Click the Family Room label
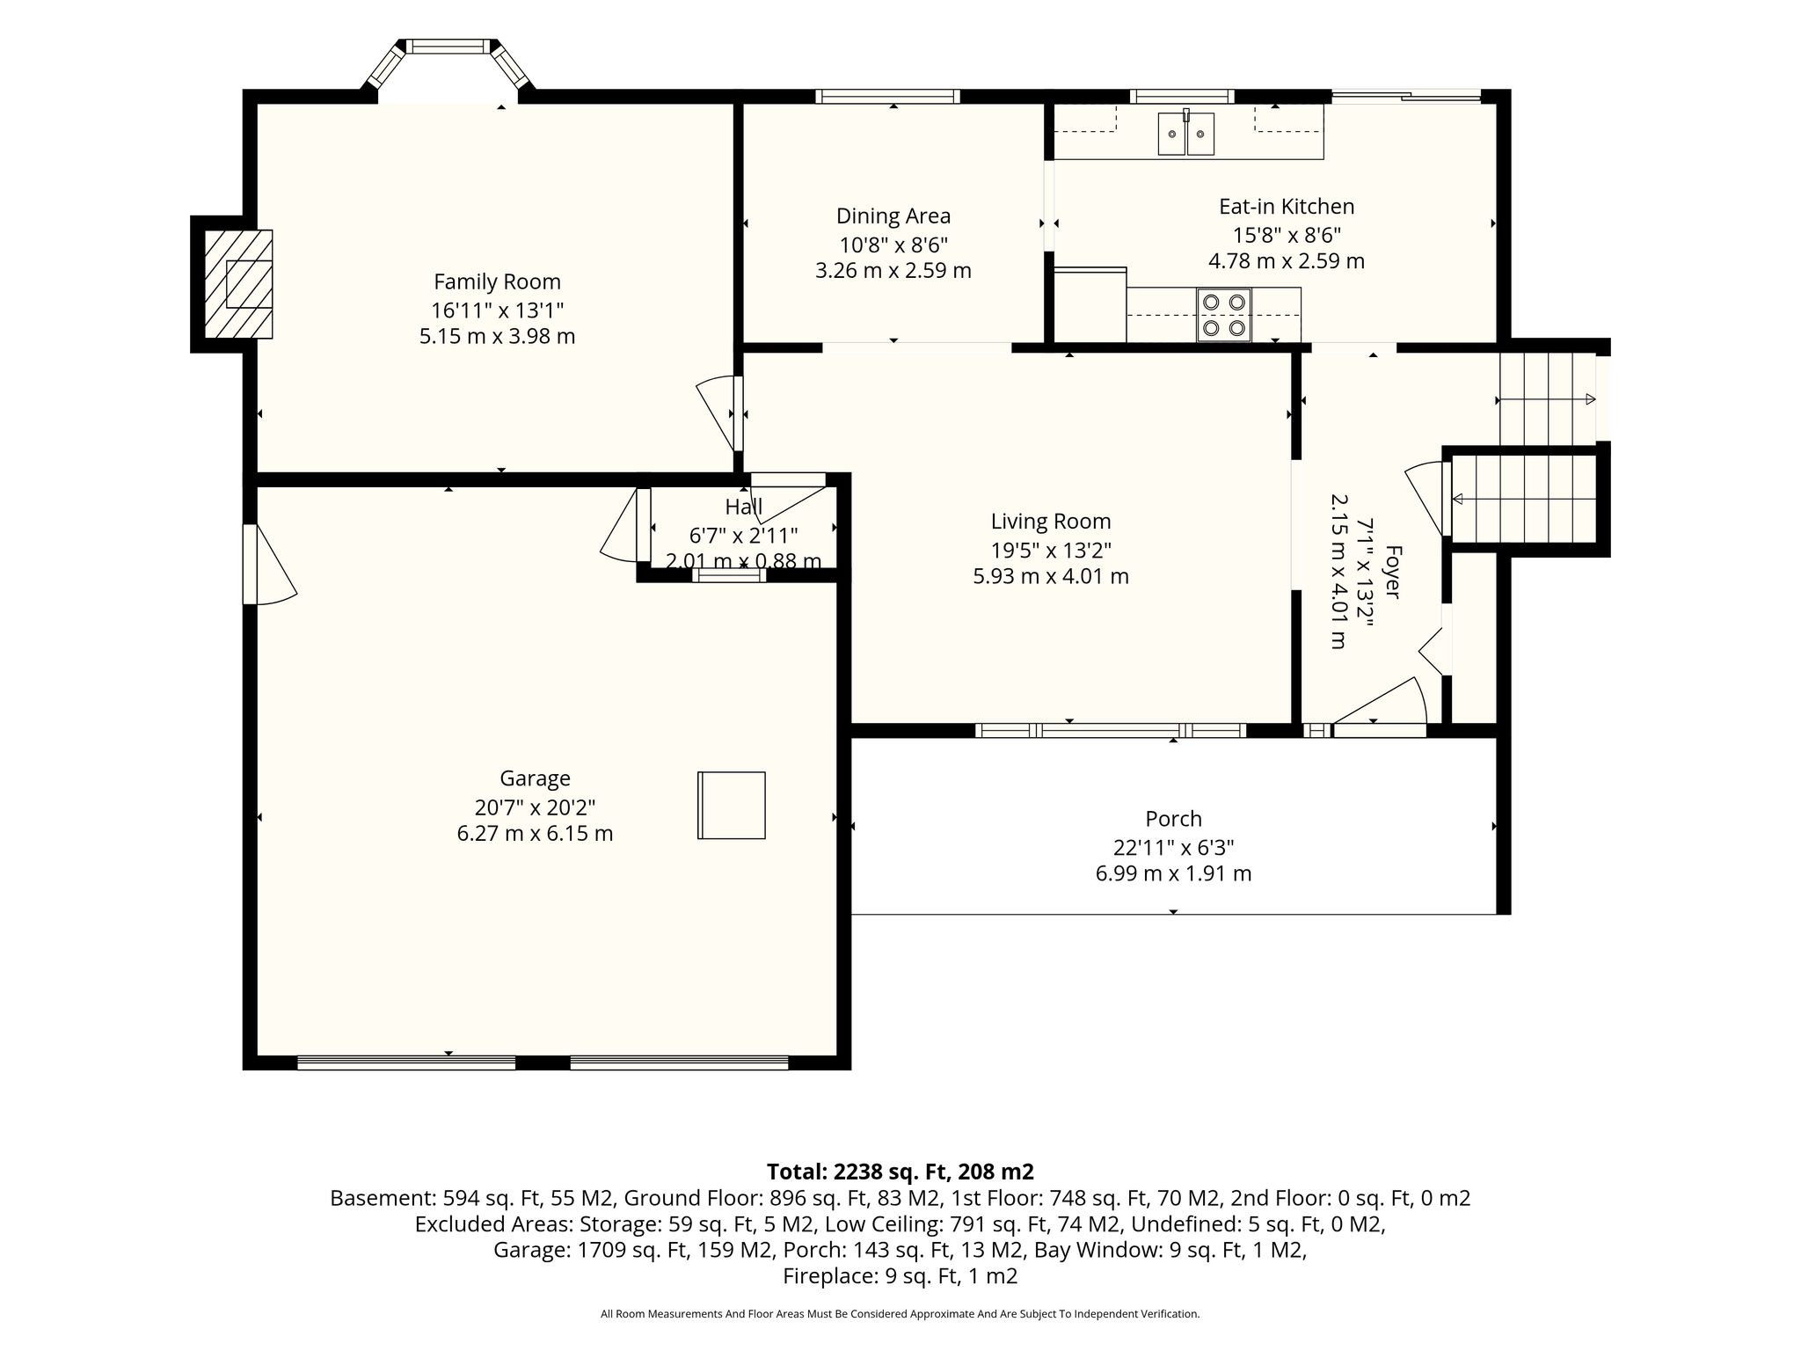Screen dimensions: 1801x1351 tap(497, 281)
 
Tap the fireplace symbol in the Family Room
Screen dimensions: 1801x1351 tap(238, 283)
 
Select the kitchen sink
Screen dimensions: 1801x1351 tap(1186, 134)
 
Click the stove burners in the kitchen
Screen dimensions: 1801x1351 tap(1224, 315)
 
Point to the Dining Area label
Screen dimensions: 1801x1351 tap(893, 215)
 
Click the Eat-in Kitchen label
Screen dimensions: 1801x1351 tap(1287, 207)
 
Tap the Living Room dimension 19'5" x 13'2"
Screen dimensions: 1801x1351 tap(1051, 550)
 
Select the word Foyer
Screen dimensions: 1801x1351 tap(1393, 573)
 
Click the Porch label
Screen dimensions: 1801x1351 tap(1173, 819)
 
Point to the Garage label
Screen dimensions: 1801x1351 tap(535, 778)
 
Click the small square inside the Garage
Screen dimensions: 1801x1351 tap(732, 805)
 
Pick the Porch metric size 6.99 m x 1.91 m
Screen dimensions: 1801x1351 tap(1173, 873)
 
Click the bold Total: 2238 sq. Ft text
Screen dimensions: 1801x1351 tap(900, 1172)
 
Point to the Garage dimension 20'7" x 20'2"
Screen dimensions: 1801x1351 tap(535, 807)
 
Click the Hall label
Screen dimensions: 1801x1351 tap(743, 507)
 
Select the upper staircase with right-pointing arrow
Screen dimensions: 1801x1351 tap(1548, 399)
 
